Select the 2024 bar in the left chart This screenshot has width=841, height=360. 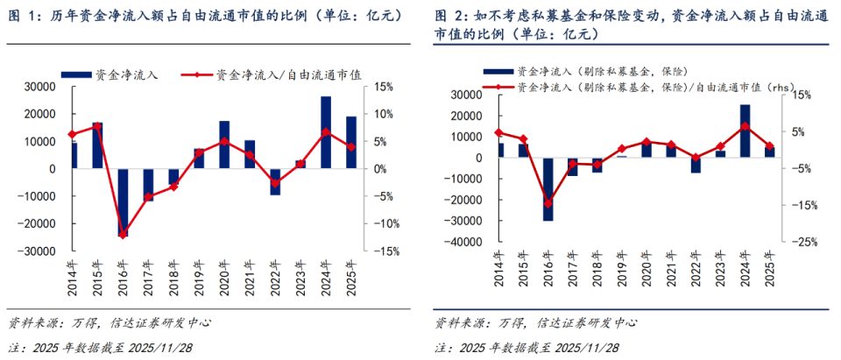tap(326, 132)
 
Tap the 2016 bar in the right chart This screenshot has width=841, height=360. tap(548, 188)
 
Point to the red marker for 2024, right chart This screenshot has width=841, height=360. tap(745, 126)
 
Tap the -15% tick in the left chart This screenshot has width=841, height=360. tap(387, 251)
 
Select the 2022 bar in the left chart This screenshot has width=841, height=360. tap(275, 181)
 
